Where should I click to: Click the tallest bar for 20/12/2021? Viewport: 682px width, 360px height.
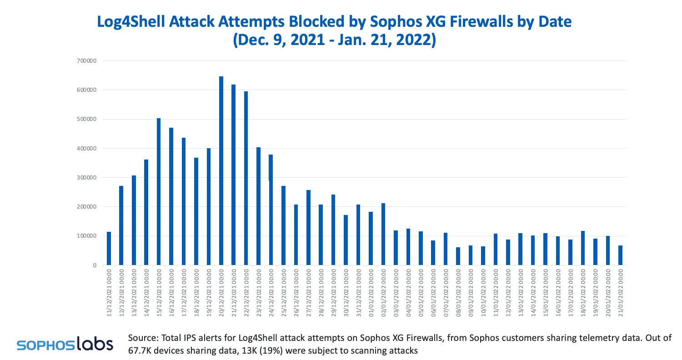[x=221, y=171]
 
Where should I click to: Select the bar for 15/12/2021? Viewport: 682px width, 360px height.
[x=159, y=191]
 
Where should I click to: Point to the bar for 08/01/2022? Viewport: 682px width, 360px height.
[x=458, y=256]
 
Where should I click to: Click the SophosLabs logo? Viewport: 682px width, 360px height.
[x=65, y=344]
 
